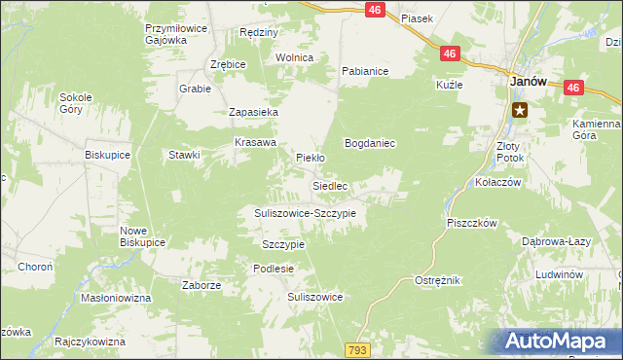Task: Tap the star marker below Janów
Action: [520, 109]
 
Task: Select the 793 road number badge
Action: [358, 348]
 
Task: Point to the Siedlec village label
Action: [330, 185]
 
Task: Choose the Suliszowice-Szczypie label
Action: [305, 212]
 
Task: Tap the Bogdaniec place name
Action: [370, 143]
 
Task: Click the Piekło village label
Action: [310, 157]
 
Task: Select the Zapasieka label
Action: [254, 113]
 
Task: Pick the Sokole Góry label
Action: [75, 103]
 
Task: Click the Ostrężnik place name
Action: [437, 280]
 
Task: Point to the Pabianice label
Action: [365, 71]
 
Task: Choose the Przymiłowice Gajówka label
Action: [175, 35]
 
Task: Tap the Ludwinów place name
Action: [559, 275]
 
